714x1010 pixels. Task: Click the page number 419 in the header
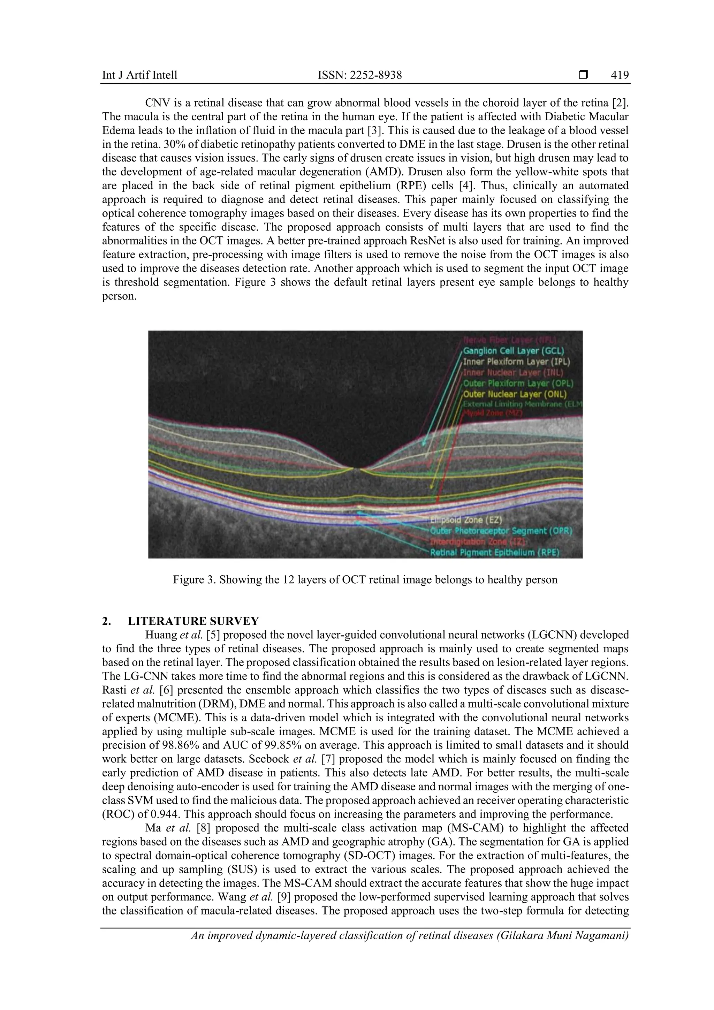point(620,75)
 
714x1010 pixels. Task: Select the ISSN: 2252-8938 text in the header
point(360,75)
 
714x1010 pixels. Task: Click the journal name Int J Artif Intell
point(139,75)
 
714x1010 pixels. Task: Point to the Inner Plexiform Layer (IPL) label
point(516,362)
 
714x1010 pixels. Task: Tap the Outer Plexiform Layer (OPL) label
point(518,383)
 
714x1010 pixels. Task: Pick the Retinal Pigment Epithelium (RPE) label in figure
point(494,553)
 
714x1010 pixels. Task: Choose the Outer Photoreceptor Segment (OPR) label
point(501,531)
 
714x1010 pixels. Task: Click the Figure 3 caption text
point(365,579)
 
